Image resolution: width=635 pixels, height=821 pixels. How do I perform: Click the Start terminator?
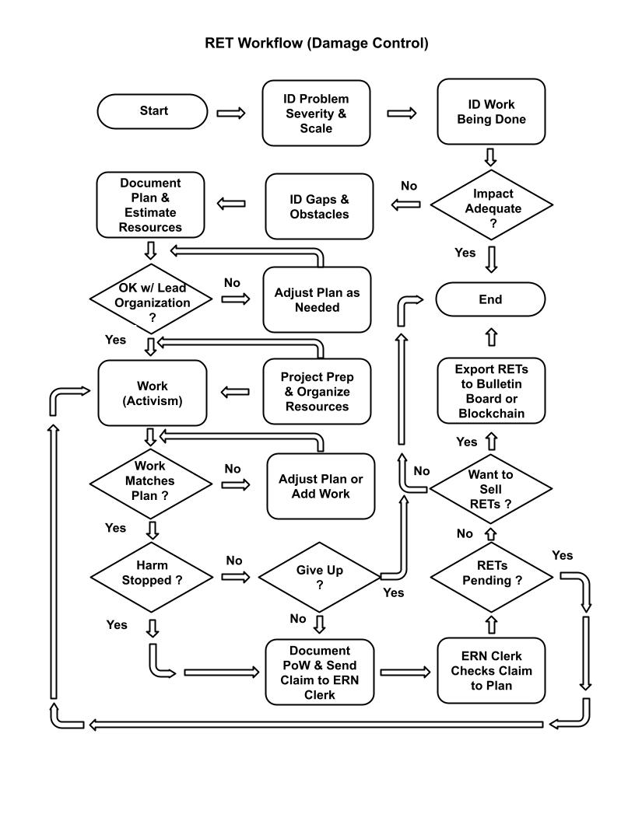click(x=153, y=111)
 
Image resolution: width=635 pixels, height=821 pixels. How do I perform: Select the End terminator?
click(x=490, y=299)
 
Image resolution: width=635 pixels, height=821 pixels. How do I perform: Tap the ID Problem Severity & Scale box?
click(x=316, y=113)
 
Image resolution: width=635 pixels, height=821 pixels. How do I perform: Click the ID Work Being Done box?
click(x=490, y=112)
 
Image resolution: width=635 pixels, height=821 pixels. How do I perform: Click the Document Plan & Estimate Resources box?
click(x=151, y=205)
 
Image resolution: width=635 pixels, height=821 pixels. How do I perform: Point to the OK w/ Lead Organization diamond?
click(x=151, y=299)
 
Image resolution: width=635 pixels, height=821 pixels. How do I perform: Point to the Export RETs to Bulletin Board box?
click(x=490, y=391)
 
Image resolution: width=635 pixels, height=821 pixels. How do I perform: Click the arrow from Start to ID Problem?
click(x=230, y=113)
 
